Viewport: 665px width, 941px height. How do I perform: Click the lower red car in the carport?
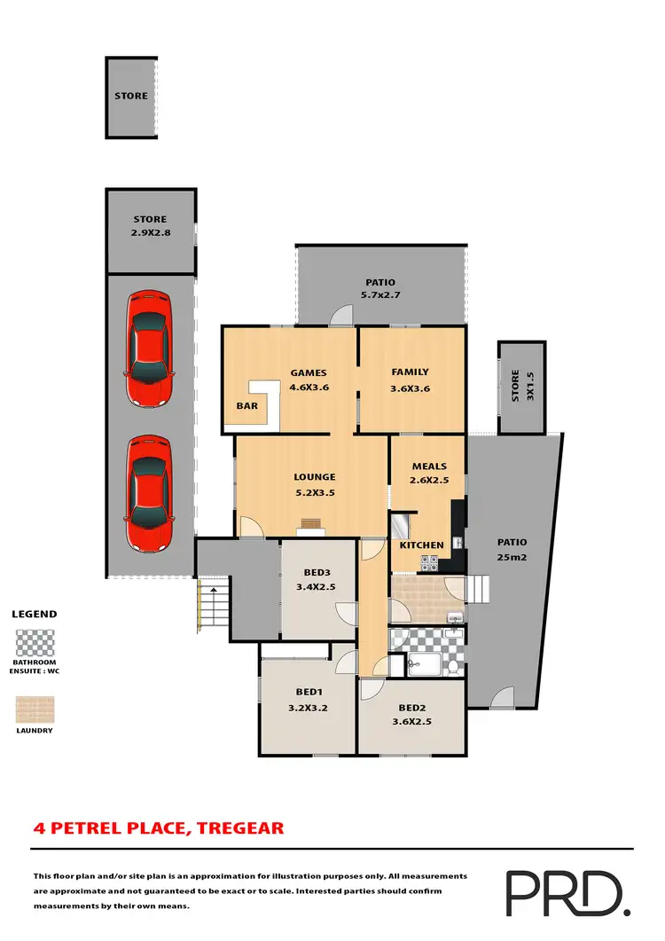point(149,493)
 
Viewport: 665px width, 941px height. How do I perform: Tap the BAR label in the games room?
point(246,406)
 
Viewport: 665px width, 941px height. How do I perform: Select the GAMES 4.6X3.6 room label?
point(309,380)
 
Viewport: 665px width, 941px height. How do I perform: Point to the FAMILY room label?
point(410,380)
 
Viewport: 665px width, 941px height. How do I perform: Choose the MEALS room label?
point(429,474)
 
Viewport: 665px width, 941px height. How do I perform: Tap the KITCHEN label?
point(421,545)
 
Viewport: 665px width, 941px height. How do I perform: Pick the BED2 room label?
point(413,715)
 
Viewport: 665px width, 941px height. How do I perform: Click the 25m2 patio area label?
point(512,550)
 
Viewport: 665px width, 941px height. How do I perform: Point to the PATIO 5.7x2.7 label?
point(379,288)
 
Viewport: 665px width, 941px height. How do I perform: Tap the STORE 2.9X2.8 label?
point(150,225)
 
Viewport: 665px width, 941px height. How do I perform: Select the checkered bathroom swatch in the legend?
point(35,643)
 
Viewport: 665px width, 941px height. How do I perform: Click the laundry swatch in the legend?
point(35,710)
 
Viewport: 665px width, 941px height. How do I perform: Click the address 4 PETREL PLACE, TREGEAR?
point(159,828)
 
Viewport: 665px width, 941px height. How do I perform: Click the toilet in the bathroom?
point(453,665)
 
